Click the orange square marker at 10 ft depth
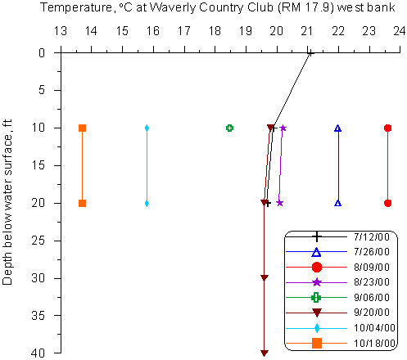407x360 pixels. tap(82, 128)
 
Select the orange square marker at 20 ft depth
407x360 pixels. tap(82, 203)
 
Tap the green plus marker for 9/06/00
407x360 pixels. tap(230, 128)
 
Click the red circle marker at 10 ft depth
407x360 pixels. tap(387, 128)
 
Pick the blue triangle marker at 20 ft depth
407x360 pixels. tap(338, 203)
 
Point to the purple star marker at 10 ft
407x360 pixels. tap(283, 128)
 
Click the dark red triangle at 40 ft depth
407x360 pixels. tap(264, 353)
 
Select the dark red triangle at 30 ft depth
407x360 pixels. tap(264, 278)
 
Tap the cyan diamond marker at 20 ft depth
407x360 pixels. tap(147, 203)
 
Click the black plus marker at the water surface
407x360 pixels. tap(310, 53)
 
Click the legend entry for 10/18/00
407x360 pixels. tap(341, 343)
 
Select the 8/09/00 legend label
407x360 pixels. tap(372, 268)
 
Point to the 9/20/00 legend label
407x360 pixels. tap(372, 313)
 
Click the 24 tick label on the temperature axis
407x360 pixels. tap(400, 31)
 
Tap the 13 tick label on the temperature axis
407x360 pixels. tap(60, 31)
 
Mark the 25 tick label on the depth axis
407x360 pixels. tap(38, 241)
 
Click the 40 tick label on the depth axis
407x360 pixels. tap(38, 353)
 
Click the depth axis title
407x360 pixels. tap(7, 202)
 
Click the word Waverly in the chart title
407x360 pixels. tap(173, 7)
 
